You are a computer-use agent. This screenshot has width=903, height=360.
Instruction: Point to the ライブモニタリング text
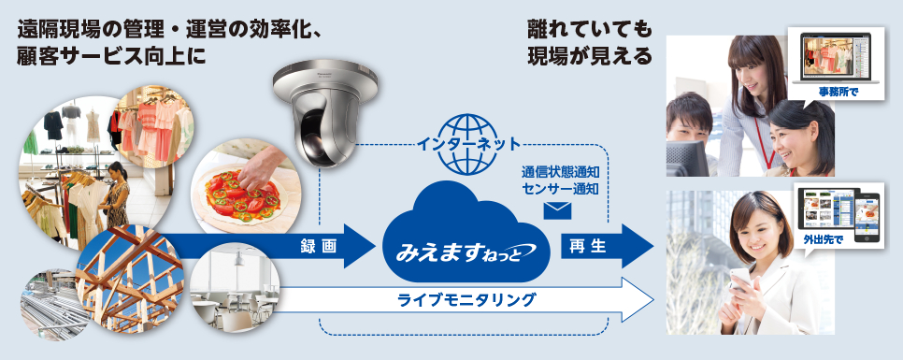tap(466, 300)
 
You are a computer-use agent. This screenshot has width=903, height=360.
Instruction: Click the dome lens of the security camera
tap(321, 137)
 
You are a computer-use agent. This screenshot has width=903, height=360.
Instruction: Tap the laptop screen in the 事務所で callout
tap(837, 59)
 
